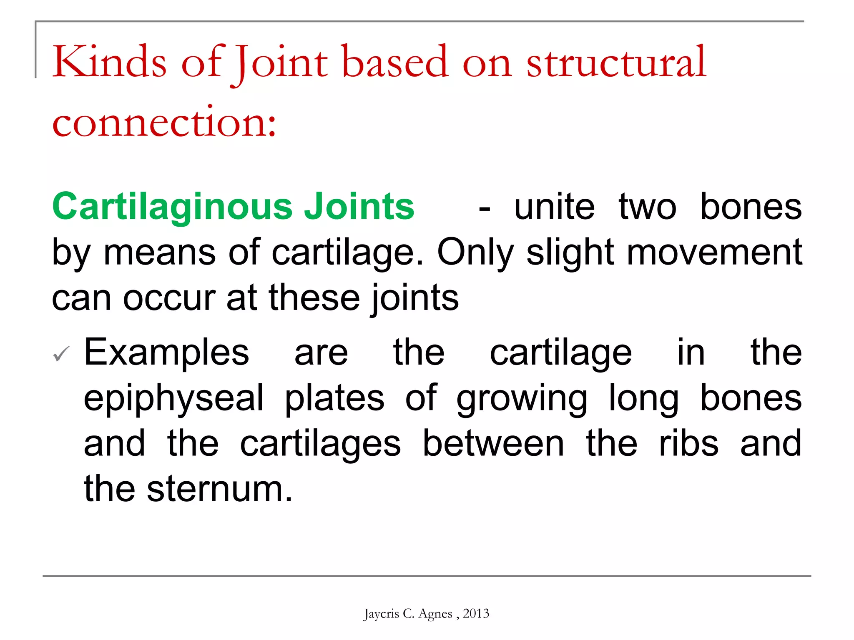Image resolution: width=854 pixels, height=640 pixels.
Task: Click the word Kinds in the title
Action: (109, 62)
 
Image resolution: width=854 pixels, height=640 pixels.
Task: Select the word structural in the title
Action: (616, 62)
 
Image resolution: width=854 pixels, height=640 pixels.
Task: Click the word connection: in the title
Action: (164, 122)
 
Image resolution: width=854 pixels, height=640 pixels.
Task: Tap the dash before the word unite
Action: (484, 208)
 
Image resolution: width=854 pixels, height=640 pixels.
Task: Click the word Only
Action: (475, 252)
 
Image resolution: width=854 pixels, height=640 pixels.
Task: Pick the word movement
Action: (714, 252)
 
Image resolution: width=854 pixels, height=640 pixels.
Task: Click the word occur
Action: (169, 298)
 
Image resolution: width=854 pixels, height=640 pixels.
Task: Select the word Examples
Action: (166, 353)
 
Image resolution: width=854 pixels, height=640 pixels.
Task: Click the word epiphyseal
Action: (174, 399)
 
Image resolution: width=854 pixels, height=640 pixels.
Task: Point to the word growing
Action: (522, 399)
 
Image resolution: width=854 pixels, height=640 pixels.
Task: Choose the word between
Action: (493, 444)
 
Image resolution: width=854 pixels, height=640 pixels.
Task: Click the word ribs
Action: (688, 444)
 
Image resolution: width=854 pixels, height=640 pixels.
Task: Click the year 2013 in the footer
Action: (476, 613)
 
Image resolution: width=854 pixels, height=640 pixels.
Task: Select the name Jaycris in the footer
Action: (381, 614)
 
